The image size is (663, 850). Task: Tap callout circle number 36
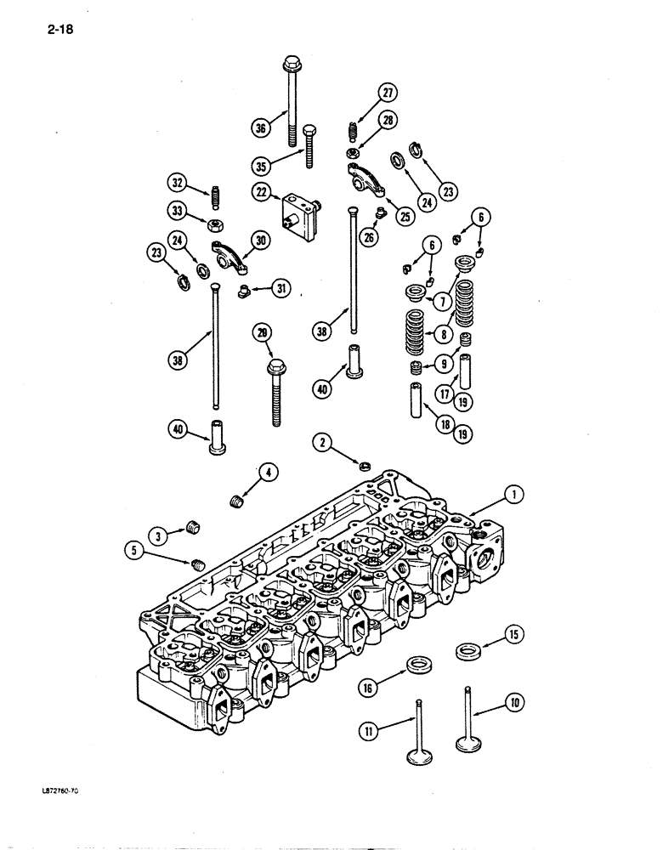pyautogui.click(x=260, y=127)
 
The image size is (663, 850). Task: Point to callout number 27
pyautogui.click(x=388, y=93)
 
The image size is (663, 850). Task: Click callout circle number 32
pyautogui.click(x=176, y=182)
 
